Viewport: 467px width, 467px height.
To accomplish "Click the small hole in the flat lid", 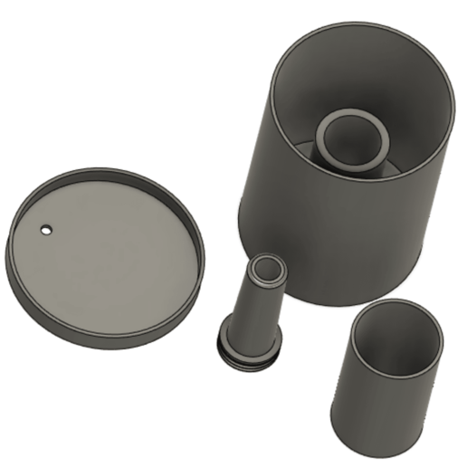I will coord(45,230).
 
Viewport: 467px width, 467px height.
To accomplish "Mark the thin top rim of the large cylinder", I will coord(362,24).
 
